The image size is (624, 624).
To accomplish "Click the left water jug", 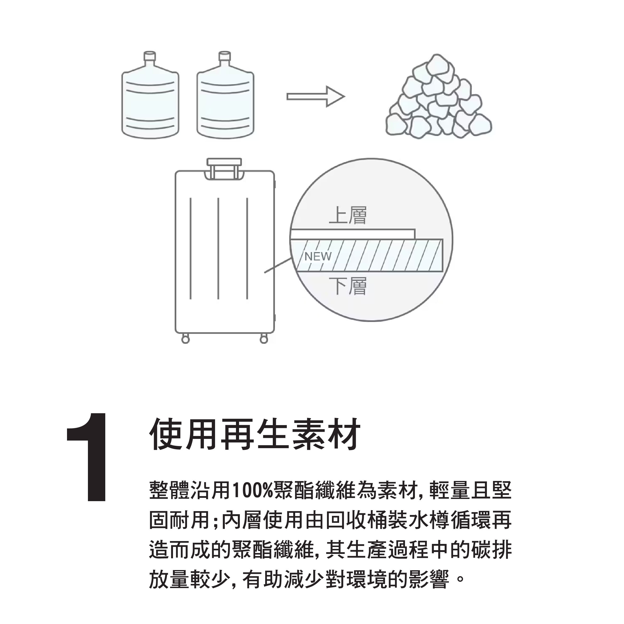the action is click(150, 95).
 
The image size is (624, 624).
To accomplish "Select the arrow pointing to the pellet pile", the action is click(316, 96).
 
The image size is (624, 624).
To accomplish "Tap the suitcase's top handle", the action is click(224, 168).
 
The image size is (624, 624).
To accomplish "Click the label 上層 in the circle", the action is click(348, 216).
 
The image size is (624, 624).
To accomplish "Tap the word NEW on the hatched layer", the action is click(318, 256).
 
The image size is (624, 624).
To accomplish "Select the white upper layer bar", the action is click(353, 234).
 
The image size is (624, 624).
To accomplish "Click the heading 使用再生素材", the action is click(255, 434).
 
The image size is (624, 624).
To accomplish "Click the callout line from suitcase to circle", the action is click(278, 265).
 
